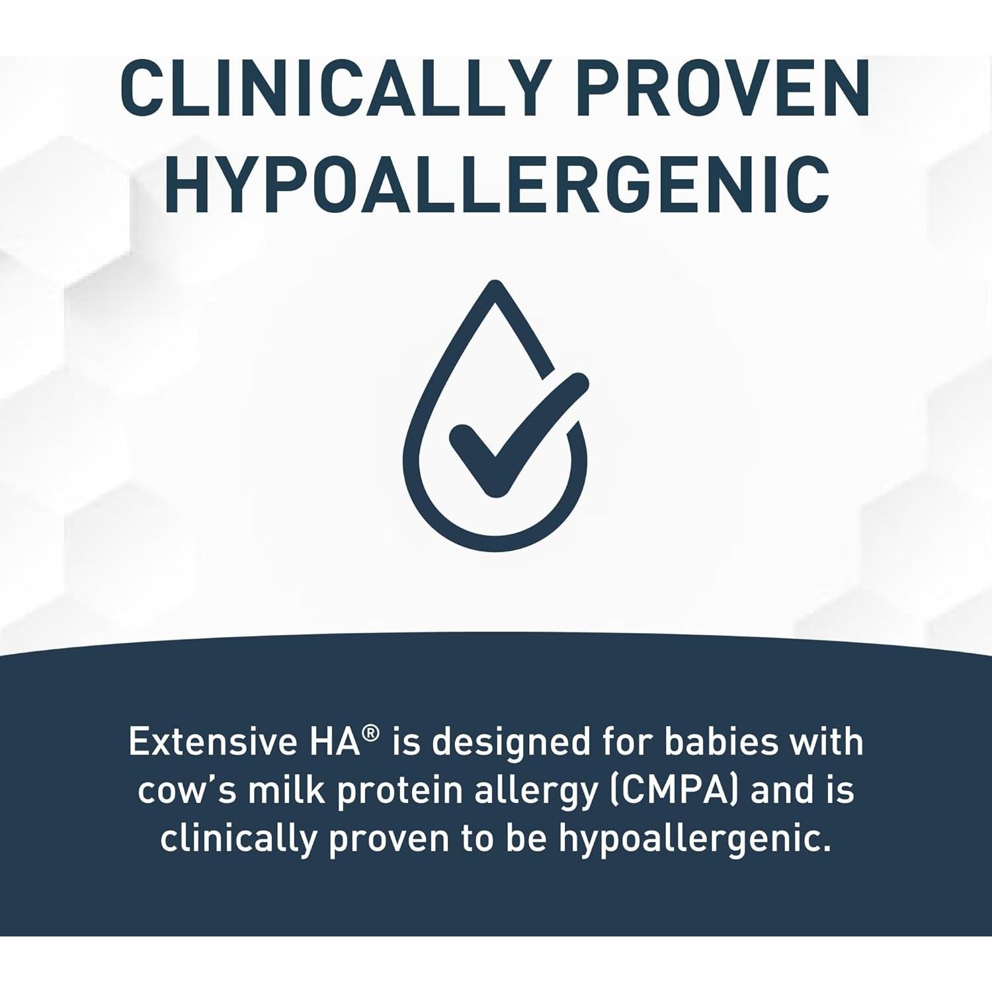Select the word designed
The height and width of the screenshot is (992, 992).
click(x=511, y=742)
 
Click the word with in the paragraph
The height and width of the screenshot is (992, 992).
click(x=829, y=742)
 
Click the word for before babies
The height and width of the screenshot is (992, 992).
click(x=632, y=742)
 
